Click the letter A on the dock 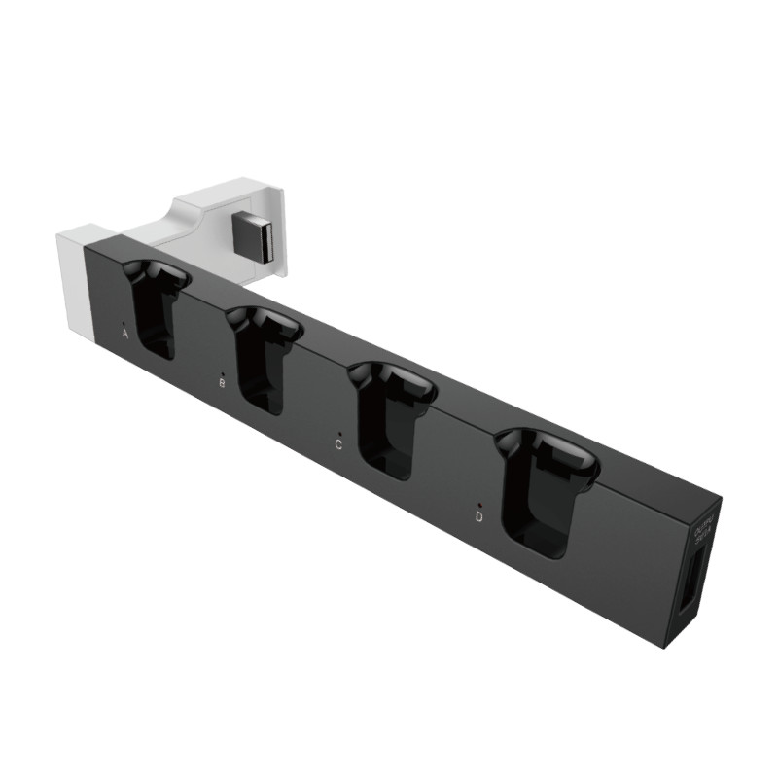[125, 333]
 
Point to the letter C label [337, 445]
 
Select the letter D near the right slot [479, 517]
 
